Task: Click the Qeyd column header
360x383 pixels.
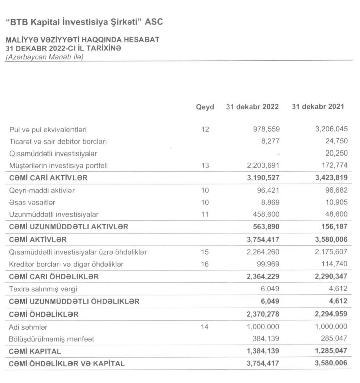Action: [x=205, y=107]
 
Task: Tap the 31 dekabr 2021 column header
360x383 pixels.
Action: [x=318, y=107]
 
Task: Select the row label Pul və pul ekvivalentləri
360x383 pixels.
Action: [x=51, y=129]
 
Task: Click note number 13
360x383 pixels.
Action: [x=204, y=165]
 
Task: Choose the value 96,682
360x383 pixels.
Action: [x=333, y=190]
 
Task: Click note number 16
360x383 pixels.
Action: [x=204, y=264]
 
